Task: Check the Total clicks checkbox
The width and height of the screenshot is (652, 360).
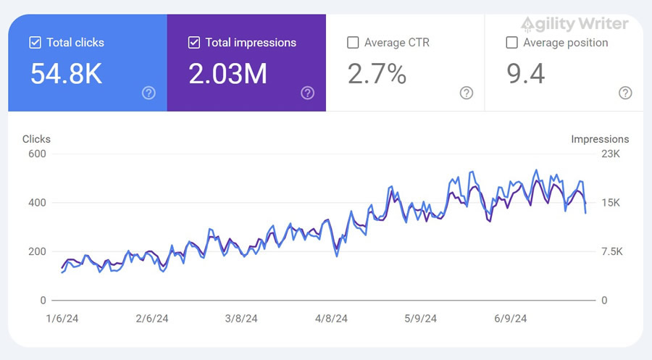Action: pos(35,43)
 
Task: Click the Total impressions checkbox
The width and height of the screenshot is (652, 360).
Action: pos(193,43)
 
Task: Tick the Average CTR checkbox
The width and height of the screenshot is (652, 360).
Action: pos(353,43)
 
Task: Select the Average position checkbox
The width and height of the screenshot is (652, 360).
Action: pos(511,43)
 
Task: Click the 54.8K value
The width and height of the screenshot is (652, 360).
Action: pos(66,74)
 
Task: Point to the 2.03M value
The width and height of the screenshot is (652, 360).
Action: pos(227,74)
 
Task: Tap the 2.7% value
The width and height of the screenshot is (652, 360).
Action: pos(377,74)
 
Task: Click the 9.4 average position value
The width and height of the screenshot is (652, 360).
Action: pos(525,74)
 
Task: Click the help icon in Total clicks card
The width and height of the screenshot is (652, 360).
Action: pos(149,93)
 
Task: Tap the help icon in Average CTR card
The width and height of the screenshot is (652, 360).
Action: pos(467,93)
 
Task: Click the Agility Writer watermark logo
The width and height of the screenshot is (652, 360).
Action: pos(574,24)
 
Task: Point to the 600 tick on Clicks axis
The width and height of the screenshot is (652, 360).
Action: pos(37,154)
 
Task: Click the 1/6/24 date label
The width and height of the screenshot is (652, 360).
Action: pos(62,319)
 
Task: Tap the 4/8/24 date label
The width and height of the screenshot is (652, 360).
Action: pos(331,319)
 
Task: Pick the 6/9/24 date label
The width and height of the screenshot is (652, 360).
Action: pos(510,319)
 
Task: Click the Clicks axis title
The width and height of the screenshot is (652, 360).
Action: pos(36,139)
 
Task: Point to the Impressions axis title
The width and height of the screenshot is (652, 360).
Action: pos(600,139)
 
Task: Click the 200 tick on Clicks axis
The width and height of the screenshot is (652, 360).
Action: pos(37,251)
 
